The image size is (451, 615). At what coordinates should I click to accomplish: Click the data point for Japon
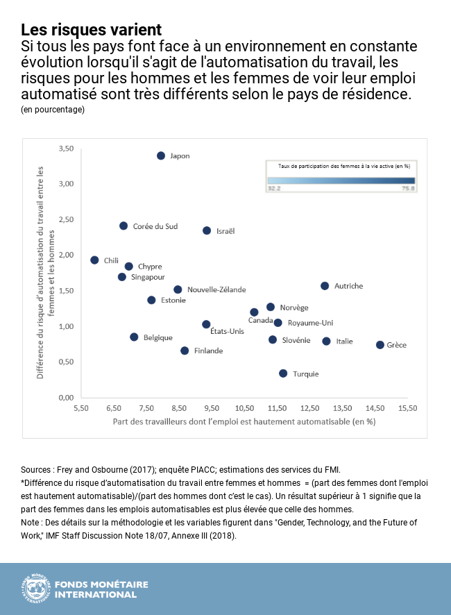[x=161, y=156]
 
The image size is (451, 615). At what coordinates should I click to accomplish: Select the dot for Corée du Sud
[x=124, y=226]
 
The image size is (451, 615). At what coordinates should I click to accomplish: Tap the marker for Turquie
[x=283, y=373]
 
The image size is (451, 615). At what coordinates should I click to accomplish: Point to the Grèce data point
[x=380, y=345]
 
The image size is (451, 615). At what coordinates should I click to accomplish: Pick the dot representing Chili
[x=94, y=260]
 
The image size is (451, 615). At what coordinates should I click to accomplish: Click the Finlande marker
[x=185, y=351]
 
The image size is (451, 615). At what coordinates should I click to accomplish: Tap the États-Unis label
[x=227, y=332]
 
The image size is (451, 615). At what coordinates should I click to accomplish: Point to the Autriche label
[x=348, y=286]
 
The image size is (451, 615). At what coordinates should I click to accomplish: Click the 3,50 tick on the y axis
[x=66, y=149]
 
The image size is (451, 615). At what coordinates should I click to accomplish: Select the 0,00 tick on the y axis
[x=66, y=398]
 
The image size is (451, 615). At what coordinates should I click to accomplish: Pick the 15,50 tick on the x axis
[x=407, y=409]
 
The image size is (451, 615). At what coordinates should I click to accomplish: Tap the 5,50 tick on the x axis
[x=82, y=409]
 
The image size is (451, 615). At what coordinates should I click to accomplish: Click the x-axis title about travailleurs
[x=244, y=421]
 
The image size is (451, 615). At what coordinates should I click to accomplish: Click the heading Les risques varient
[x=91, y=30]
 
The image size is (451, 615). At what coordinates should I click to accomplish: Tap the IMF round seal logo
[x=35, y=589]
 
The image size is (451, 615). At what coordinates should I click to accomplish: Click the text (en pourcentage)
[x=53, y=110]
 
